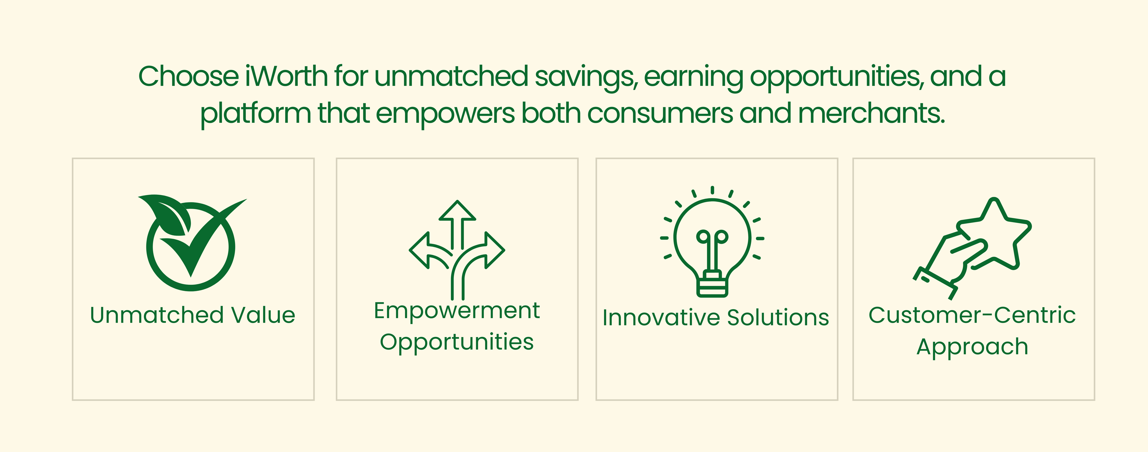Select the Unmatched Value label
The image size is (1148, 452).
193,315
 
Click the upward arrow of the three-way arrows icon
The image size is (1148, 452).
457,224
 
